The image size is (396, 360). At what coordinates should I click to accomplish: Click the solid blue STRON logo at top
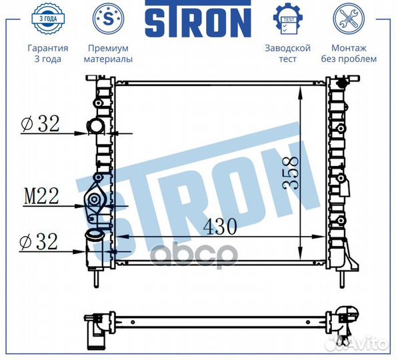click(x=198, y=19)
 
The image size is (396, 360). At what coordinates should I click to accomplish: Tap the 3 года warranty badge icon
click(x=48, y=19)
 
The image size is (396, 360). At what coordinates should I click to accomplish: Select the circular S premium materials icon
click(x=108, y=19)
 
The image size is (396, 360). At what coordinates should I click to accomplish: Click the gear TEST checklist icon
click(x=287, y=19)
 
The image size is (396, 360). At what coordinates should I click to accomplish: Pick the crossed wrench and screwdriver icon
click(x=349, y=19)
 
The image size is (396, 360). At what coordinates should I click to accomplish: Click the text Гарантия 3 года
click(x=48, y=53)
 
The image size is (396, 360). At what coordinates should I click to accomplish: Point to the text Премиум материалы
click(x=108, y=53)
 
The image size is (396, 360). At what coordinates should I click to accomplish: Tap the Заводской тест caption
click(x=287, y=53)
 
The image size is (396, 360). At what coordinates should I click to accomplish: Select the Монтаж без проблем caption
click(x=349, y=53)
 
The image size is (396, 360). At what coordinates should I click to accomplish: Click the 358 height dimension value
click(x=291, y=173)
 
